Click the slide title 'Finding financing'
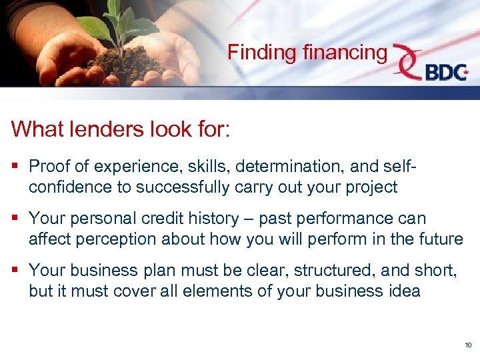[x=307, y=52]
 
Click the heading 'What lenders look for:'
[x=121, y=128]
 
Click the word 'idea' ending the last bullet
[x=405, y=291]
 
